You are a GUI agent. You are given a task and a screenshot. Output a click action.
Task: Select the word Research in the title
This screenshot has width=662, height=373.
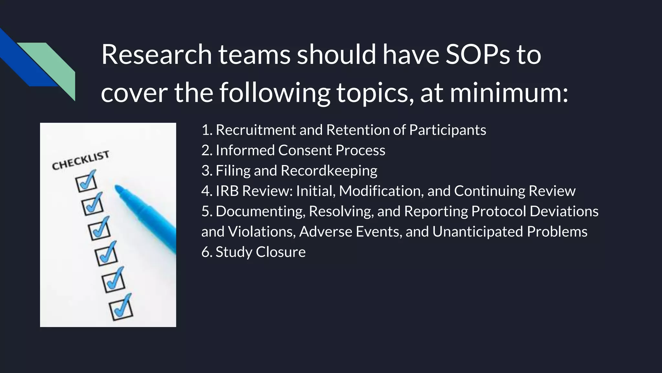[156, 54]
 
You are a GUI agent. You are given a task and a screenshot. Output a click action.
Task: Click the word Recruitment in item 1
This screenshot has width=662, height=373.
[256, 130]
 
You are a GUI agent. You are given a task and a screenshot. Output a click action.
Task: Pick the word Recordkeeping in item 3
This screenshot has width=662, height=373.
[329, 171]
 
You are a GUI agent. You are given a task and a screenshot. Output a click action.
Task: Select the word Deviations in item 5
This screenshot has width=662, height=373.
[564, 211]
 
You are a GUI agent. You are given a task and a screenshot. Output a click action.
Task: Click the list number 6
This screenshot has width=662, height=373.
[206, 252]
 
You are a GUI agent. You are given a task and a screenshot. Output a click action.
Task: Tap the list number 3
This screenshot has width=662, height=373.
[206, 171]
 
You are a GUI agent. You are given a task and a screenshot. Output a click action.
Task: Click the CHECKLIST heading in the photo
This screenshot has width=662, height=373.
[80, 160]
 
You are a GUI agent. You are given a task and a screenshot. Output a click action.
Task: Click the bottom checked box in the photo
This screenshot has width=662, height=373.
[121, 309]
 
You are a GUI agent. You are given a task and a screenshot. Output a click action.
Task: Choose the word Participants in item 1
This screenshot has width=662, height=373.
[447, 130]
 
